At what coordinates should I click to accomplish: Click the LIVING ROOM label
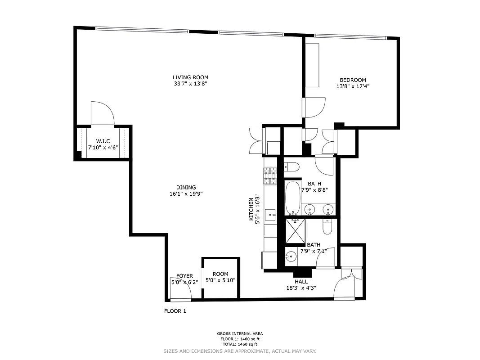[x=190, y=77]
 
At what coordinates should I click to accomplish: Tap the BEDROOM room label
[x=353, y=80]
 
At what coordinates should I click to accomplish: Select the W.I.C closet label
[x=103, y=141]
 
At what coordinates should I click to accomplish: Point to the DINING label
[x=186, y=188]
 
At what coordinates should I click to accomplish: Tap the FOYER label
[x=184, y=276]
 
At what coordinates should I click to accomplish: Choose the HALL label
[x=301, y=282]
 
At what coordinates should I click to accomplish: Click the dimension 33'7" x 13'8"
[x=190, y=84]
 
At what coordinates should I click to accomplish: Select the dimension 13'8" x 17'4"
[x=353, y=86]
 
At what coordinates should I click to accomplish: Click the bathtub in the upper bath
[x=293, y=198]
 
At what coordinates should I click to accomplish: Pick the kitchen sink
[x=270, y=215]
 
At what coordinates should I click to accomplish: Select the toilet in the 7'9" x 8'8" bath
[x=290, y=167]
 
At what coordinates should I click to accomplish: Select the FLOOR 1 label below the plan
[x=175, y=311]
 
